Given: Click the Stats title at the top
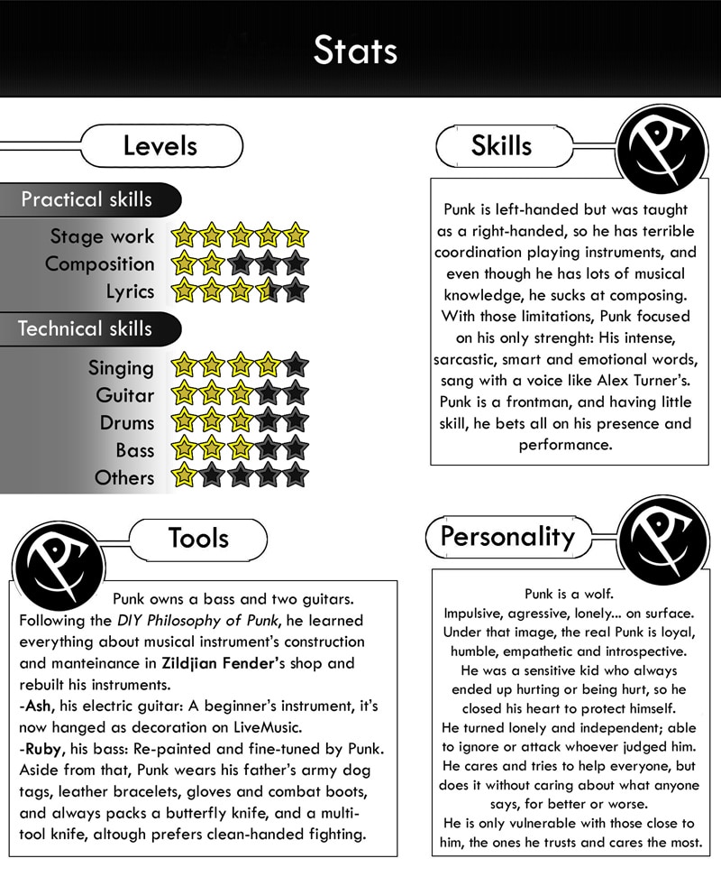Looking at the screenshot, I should click(x=355, y=51).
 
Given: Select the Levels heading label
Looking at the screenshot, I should click(x=160, y=145).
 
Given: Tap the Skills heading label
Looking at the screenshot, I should click(x=501, y=145).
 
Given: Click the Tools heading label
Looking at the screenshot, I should click(x=197, y=539).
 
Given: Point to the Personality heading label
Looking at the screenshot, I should click(x=507, y=537).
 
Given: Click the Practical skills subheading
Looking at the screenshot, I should click(x=87, y=199).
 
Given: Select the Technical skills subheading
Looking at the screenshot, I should click(x=86, y=328).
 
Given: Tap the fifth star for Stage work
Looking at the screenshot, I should click(x=295, y=236).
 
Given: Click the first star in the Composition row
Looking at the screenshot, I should click(x=185, y=264).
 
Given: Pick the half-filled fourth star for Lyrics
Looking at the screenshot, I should click(x=268, y=291).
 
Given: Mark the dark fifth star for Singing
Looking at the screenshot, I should click(x=295, y=366).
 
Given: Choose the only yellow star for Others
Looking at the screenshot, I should click(x=185, y=475).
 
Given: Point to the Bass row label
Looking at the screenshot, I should click(x=134, y=449).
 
